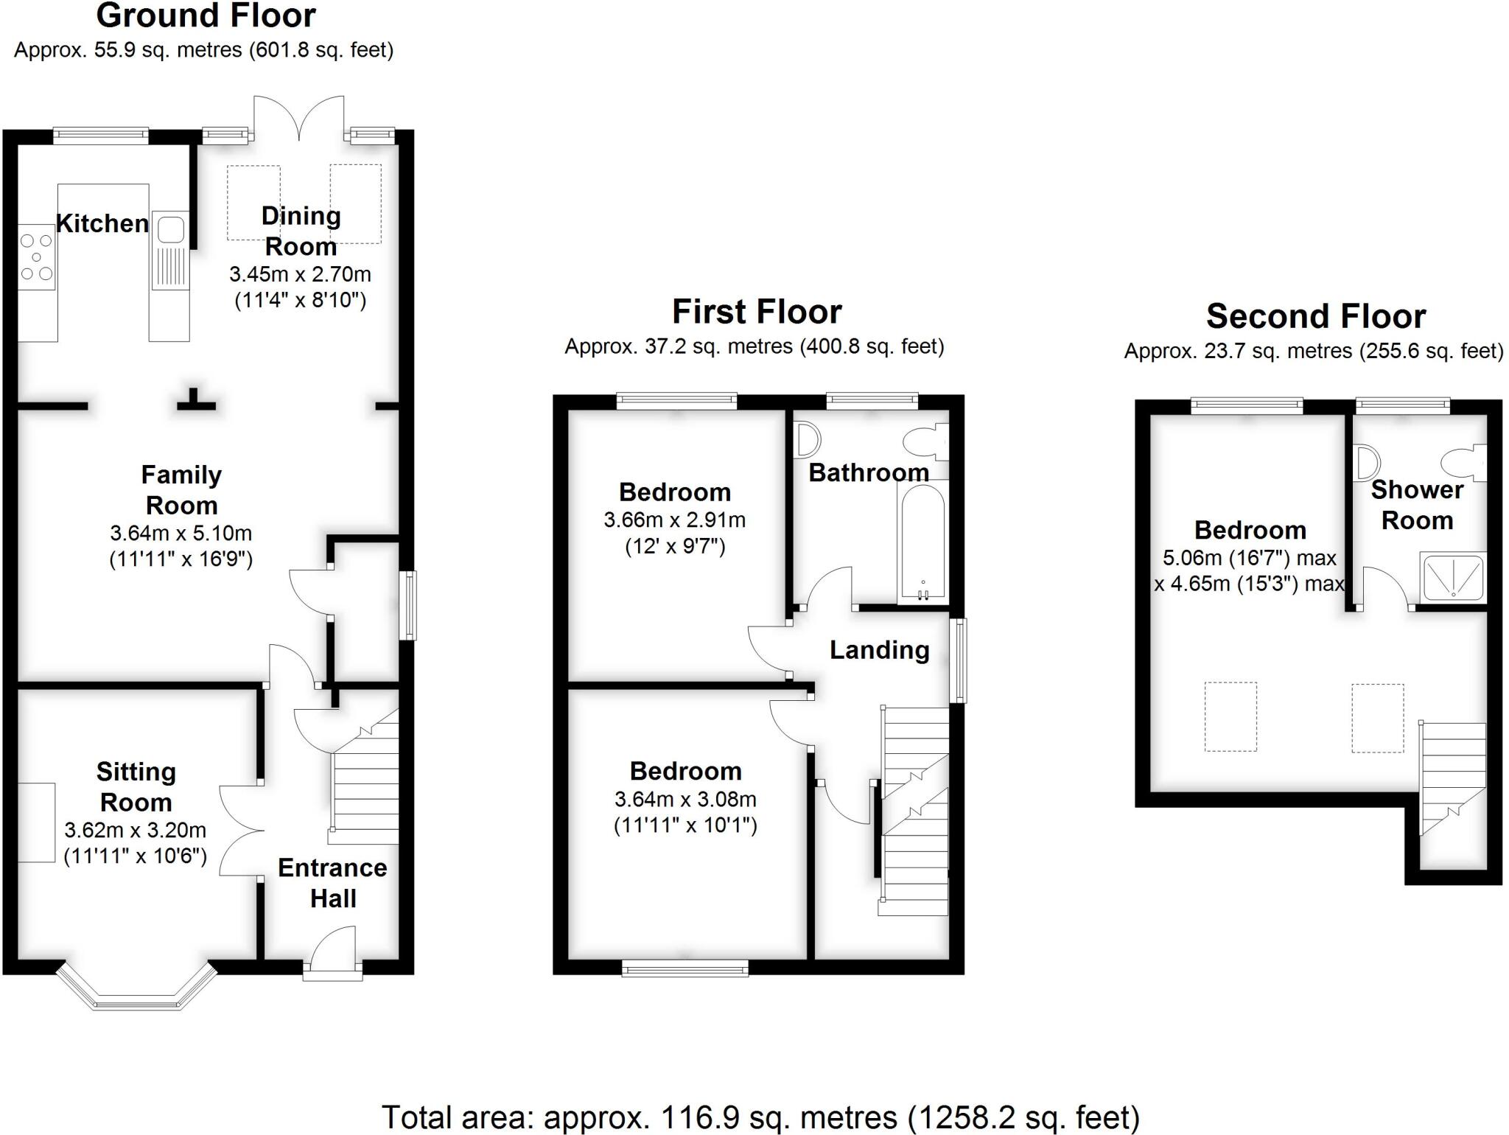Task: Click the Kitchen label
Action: click(x=102, y=223)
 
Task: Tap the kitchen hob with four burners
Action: click(x=36, y=257)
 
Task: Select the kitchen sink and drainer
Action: click(x=169, y=251)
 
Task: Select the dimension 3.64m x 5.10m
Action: click(x=181, y=533)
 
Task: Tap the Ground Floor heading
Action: click(x=206, y=15)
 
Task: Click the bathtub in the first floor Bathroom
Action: click(x=922, y=542)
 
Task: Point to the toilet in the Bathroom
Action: click(x=925, y=442)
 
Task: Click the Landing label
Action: click(x=879, y=650)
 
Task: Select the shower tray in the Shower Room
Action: click(x=1453, y=576)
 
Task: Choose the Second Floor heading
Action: click(x=1316, y=316)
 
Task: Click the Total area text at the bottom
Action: click(x=760, y=1117)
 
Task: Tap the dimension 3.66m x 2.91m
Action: click(x=674, y=520)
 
